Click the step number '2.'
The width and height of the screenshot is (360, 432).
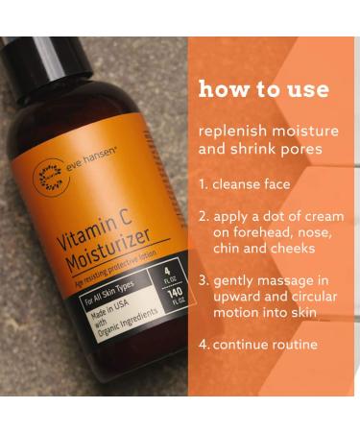coord(204,216)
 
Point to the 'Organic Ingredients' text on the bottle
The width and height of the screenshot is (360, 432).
coord(109,347)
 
